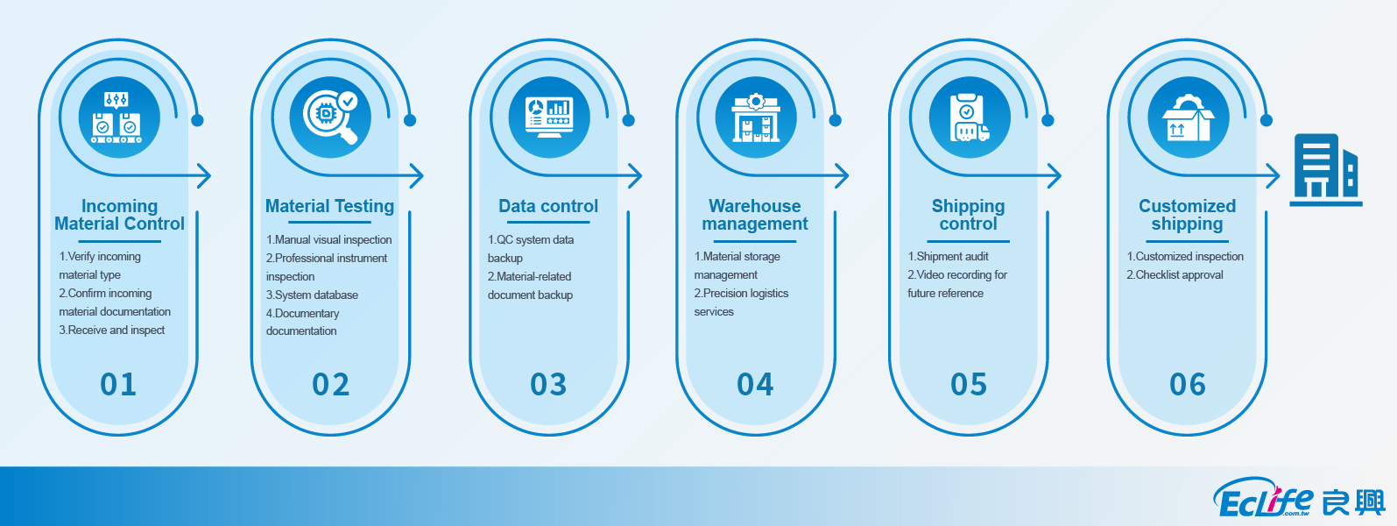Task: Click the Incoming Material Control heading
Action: point(119,215)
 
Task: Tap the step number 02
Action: point(331,384)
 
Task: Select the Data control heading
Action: point(548,206)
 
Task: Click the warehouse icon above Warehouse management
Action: point(756,117)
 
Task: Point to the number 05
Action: point(969,384)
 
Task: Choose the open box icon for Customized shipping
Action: point(1188,117)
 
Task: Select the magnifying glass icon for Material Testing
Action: point(331,117)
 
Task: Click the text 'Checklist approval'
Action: point(1175,275)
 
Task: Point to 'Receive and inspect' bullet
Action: point(112,331)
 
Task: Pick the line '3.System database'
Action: point(313,295)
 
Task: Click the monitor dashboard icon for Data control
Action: point(548,117)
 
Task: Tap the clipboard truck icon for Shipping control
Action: point(969,117)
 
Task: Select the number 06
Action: point(1188,384)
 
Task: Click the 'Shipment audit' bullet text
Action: point(949,257)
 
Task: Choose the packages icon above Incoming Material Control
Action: point(118,117)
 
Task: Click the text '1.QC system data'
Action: point(531,240)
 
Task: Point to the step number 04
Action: point(755,384)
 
